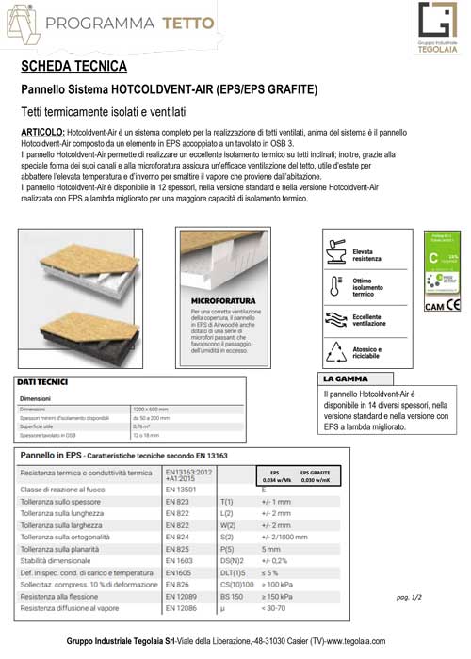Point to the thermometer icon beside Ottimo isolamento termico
335,285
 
